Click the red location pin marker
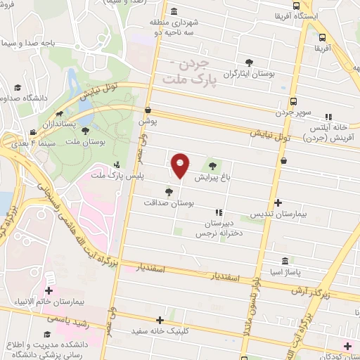click(x=181, y=165)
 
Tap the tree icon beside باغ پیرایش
click(x=213, y=166)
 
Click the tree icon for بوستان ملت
click(x=86, y=131)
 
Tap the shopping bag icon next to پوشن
click(x=148, y=110)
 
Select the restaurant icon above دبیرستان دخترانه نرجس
click(x=219, y=212)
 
